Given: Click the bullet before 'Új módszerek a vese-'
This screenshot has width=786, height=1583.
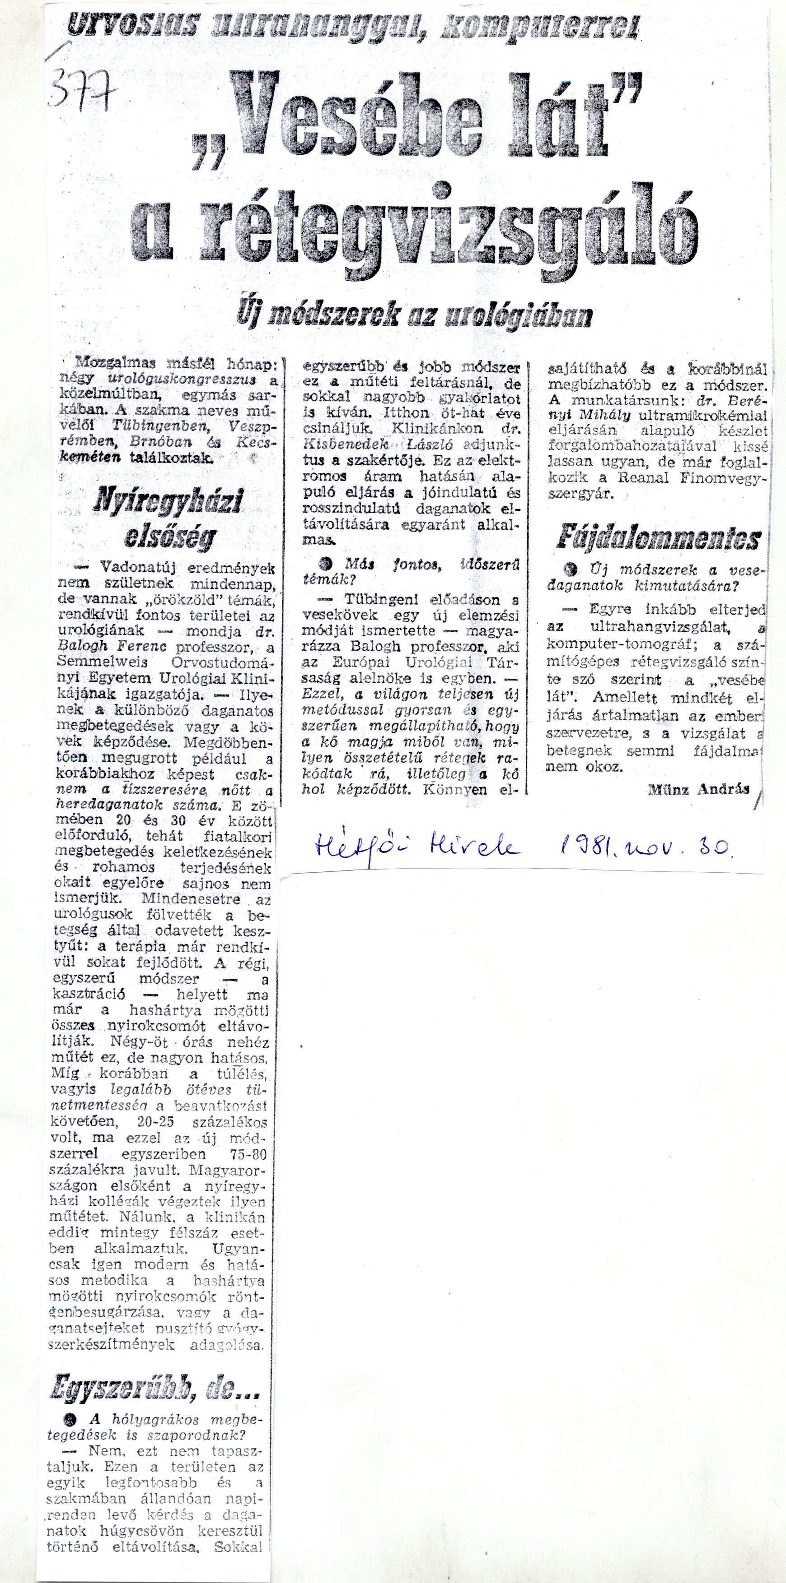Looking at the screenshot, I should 575,569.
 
